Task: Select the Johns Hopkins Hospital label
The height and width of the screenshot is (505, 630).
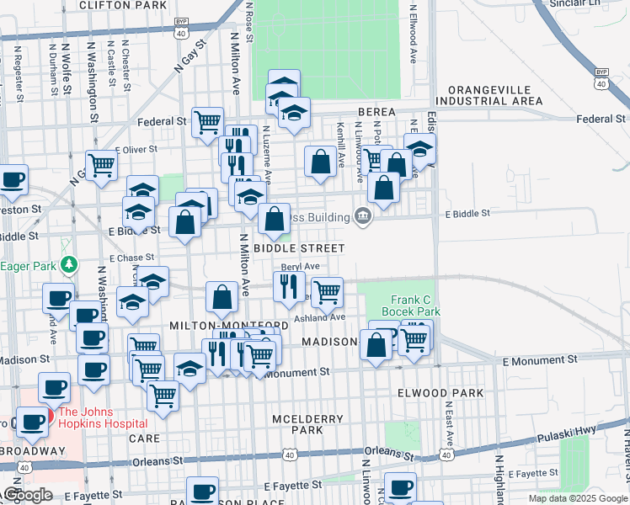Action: click(102, 417)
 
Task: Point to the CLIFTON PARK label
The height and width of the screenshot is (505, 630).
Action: click(122, 5)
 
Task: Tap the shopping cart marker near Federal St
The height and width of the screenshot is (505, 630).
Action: click(207, 121)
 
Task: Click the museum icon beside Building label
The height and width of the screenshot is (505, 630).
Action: click(363, 217)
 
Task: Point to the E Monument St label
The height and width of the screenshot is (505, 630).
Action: click(539, 359)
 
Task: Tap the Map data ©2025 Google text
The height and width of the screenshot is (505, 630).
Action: click(577, 498)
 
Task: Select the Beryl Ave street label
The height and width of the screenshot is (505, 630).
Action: click(300, 266)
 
